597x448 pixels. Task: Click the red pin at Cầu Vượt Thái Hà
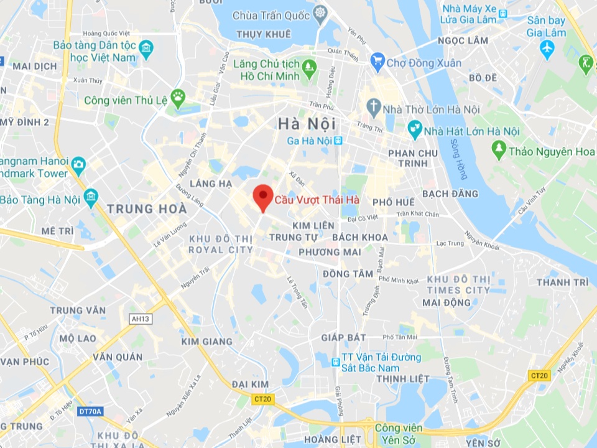click(x=263, y=197)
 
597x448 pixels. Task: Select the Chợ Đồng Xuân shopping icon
click(x=377, y=61)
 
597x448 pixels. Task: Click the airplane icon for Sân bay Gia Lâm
click(x=547, y=49)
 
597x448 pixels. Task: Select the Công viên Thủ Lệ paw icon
click(x=178, y=96)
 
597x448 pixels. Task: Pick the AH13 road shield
click(x=141, y=319)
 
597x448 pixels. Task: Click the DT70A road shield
click(x=90, y=411)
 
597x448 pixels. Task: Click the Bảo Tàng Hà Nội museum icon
click(x=91, y=198)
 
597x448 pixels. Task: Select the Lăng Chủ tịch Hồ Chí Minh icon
click(x=309, y=65)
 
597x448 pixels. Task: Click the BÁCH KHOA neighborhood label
click(x=360, y=237)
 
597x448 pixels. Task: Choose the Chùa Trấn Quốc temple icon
click(x=320, y=12)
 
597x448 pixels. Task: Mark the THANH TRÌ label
click(x=562, y=282)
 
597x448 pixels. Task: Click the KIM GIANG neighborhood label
click(x=207, y=342)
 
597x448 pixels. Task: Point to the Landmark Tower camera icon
click(x=78, y=164)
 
